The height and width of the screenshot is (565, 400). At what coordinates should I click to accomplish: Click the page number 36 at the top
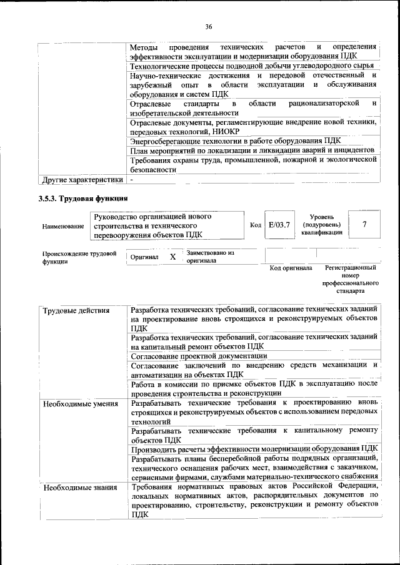click(x=209, y=26)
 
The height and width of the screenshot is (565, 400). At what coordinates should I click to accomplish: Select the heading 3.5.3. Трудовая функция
click(x=83, y=199)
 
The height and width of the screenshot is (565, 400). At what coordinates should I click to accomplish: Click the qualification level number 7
click(x=364, y=224)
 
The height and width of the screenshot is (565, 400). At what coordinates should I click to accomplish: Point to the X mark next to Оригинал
click(x=172, y=257)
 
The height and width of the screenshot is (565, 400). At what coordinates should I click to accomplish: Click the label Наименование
click(x=62, y=227)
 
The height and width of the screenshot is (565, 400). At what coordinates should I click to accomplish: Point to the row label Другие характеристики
click(x=82, y=180)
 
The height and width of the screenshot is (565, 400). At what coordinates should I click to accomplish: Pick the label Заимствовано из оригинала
click(x=209, y=257)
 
